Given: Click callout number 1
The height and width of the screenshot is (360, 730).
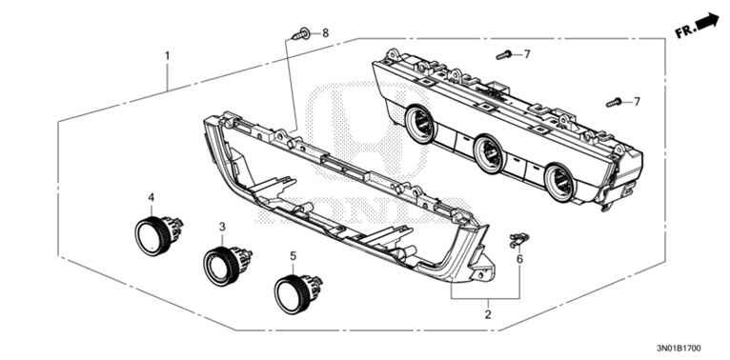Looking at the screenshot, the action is [167, 56].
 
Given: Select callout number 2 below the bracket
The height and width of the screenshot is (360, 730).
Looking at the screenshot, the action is [487, 314].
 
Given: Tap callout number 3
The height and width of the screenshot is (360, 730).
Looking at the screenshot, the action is [222, 227].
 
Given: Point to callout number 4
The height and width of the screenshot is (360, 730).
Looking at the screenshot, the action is [151, 198].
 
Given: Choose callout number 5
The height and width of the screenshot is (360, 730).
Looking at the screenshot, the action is [293, 255].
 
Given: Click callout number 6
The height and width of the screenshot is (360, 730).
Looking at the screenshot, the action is [519, 259].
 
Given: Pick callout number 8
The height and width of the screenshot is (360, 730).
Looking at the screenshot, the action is [325, 32].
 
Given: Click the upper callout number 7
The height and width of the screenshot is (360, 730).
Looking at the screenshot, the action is [527, 54].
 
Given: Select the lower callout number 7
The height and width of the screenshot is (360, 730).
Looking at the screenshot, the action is [637, 101].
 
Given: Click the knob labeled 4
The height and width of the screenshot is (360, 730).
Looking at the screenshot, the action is [158, 234].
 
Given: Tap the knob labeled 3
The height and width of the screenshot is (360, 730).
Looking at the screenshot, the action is [227, 266].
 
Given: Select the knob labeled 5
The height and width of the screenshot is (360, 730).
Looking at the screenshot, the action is [297, 294].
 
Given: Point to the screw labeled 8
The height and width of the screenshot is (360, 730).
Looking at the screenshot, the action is [301, 34].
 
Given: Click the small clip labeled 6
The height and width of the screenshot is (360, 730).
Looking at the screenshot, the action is [519, 240].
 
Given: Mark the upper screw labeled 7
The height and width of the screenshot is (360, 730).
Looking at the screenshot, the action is [504, 55].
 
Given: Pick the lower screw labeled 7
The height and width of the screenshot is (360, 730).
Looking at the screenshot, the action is [614, 102].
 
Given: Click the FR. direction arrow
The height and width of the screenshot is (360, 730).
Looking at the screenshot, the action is [708, 21].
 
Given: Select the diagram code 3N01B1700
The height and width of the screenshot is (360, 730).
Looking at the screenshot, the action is [678, 348].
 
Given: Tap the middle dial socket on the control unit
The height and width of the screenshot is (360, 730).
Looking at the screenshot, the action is [488, 153].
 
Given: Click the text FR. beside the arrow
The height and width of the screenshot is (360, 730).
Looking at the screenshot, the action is [685, 31].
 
